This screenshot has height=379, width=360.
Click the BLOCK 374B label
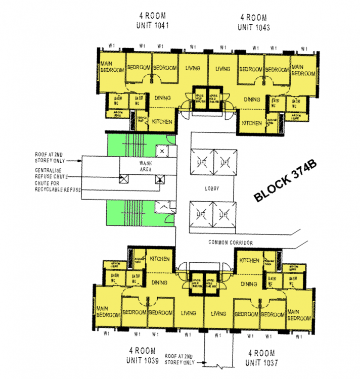click(287, 182)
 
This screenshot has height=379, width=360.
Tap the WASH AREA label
click(147, 167)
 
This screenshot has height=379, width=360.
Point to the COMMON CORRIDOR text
click(230, 243)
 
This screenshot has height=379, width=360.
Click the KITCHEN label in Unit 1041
click(162, 122)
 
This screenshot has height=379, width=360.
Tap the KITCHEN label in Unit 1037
click(249, 261)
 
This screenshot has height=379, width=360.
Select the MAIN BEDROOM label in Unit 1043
click(303, 70)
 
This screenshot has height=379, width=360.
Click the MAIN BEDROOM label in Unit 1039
click(107, 311)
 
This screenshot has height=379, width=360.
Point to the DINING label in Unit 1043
click(251, 100)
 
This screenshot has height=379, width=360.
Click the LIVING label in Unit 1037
click(218, 313)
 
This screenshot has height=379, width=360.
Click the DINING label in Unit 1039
click(159, 283)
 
